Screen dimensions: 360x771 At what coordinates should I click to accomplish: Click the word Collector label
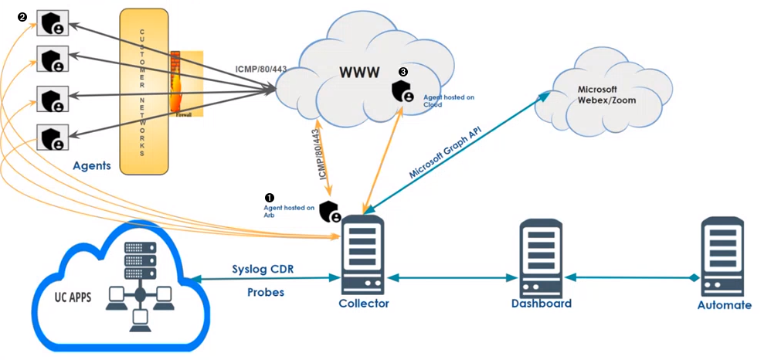364,304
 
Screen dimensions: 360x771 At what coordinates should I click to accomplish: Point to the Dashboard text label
541,304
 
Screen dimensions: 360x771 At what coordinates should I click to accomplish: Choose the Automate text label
724,305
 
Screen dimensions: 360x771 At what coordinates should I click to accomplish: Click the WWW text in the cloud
361,73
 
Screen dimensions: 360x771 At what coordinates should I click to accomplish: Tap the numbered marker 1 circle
269,198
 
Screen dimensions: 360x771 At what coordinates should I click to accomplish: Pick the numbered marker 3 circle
402,71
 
